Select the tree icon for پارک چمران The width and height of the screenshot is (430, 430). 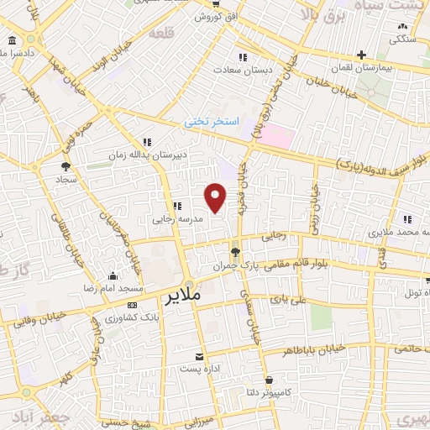235,250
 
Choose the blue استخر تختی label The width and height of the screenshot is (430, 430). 212,122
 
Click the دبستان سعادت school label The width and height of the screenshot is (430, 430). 243,70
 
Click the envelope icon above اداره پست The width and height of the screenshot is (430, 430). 199,356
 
